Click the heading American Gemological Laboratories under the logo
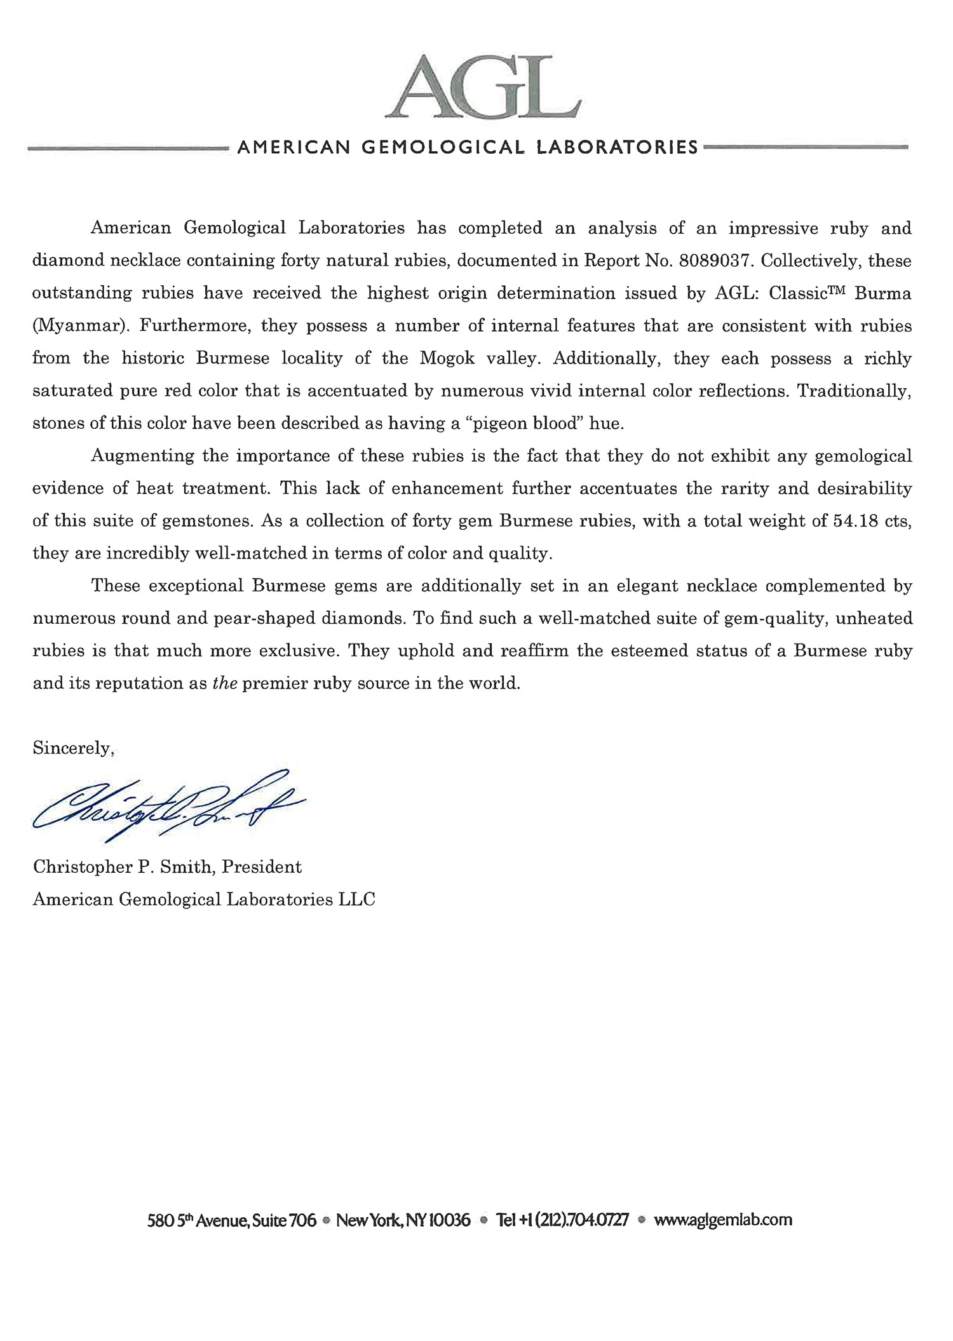[468, 147]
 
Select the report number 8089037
[716, 261]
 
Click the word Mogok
[443, 358]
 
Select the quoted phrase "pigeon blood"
[524, 424]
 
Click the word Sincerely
[73, 748]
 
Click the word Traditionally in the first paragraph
[855, 391]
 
